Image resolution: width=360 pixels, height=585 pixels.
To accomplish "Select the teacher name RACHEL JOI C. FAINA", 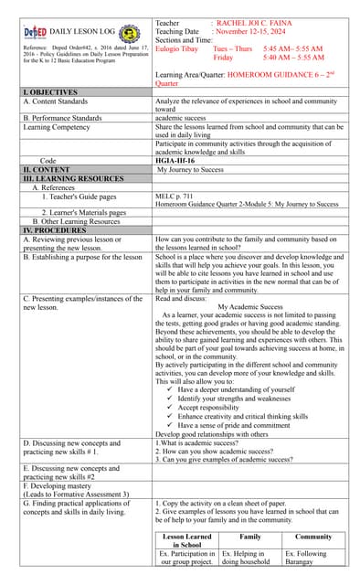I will pos(258,22).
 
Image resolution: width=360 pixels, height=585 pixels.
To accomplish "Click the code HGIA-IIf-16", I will pos(175,161).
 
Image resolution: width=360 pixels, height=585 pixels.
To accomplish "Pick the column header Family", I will pos(249,537).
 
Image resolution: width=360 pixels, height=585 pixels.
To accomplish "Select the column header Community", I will pos(313,537).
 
